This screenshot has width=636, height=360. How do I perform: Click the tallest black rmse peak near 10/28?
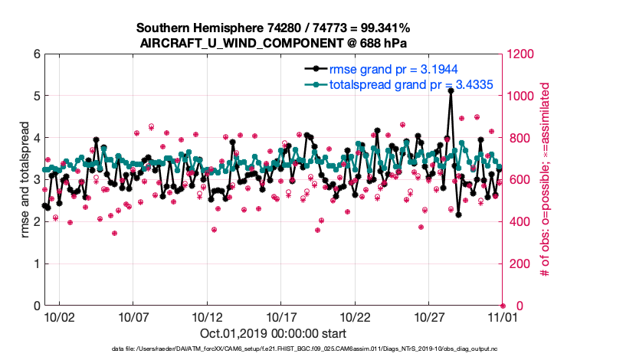(x=451, y=90)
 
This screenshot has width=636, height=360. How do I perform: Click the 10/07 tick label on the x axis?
(x=133, y=316)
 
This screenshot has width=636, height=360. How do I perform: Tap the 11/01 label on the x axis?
(x=503, y=316)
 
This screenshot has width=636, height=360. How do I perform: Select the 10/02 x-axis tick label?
(x=59, y=316)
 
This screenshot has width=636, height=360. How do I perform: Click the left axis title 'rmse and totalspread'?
(x=23, y=180)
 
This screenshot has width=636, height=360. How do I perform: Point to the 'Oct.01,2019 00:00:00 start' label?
(x=273, y=333)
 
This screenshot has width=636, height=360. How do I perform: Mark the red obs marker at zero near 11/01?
(x=503, y=306)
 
